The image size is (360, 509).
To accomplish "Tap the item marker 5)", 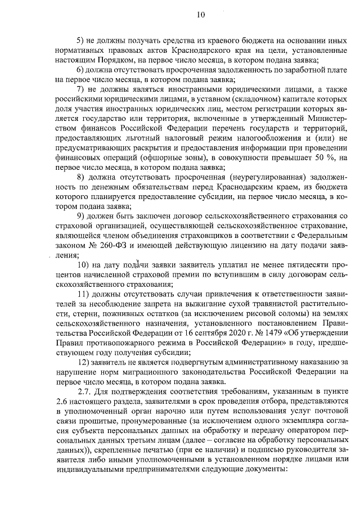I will point(80,42).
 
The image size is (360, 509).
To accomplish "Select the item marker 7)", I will point(80,89).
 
